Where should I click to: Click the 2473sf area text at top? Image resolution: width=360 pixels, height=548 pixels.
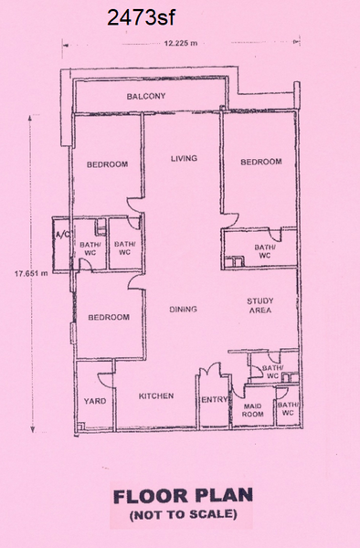[141, 17]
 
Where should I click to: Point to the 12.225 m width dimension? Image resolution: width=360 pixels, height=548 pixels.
[181, 43]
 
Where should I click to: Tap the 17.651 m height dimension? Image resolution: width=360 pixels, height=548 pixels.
[31, 273]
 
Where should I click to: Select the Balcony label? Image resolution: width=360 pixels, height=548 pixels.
[146, 96]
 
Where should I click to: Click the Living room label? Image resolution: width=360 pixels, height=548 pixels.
[184, 158]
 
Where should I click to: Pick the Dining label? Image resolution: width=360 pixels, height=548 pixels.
[183, 309]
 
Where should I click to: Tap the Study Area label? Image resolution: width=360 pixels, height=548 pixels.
[260, 305]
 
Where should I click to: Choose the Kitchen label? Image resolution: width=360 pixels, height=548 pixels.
[156, 396]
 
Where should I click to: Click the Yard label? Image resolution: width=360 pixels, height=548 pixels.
[95, 401]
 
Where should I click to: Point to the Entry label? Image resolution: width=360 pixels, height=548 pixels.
[214, 400]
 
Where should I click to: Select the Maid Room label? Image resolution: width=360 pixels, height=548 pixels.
[253, 410]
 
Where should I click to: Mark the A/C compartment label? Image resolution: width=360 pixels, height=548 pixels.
[60, 234]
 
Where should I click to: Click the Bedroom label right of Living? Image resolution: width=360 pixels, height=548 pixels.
[261, 162]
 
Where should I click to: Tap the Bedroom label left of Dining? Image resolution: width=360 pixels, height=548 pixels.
[109, 317]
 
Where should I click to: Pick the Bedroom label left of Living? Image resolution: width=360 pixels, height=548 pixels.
[107, 163]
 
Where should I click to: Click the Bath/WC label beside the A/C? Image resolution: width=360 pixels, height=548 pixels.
[88, 248]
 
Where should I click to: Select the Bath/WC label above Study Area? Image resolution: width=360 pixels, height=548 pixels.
[265, 251]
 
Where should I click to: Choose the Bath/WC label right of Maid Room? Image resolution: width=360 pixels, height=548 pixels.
[289, 408]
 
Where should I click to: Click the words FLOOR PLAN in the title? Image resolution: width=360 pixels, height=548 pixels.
[183, 496]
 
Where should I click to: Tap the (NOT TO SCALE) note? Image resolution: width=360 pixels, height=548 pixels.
[183, 514]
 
